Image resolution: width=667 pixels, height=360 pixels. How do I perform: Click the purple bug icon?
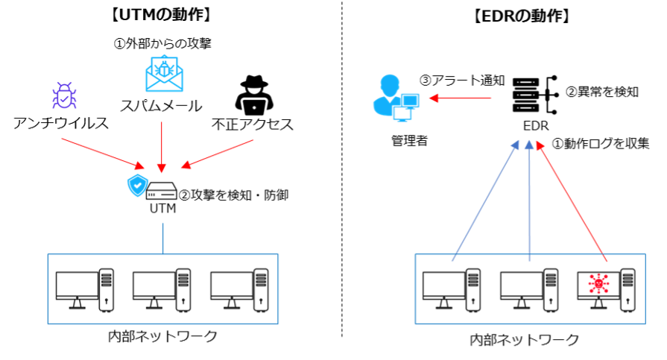64,96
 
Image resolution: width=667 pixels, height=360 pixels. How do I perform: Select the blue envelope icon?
164,75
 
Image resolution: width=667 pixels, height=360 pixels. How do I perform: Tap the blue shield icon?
138,186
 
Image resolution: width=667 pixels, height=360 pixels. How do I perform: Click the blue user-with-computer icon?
395,98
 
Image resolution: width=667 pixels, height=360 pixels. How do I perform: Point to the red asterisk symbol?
598,284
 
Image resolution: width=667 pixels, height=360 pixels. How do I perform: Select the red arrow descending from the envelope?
162,145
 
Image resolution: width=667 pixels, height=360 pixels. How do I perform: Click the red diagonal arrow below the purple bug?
102,153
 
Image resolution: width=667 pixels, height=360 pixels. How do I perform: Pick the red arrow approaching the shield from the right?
218,154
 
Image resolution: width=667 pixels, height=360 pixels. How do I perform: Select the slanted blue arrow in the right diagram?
485,201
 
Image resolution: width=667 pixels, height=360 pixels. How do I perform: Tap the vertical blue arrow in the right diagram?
529,201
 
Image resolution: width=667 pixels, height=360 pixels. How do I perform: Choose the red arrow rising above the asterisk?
572,201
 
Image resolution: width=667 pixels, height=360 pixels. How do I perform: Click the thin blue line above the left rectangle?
163,238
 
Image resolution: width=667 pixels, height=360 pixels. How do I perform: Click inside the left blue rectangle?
163,289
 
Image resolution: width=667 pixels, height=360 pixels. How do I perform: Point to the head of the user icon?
390,83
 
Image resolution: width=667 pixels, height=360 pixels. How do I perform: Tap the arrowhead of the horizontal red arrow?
433,98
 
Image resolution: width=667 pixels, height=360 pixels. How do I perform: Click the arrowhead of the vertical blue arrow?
529,145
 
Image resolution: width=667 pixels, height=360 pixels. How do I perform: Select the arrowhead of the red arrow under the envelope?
162,169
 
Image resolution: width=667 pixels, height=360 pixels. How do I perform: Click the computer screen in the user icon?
410,101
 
